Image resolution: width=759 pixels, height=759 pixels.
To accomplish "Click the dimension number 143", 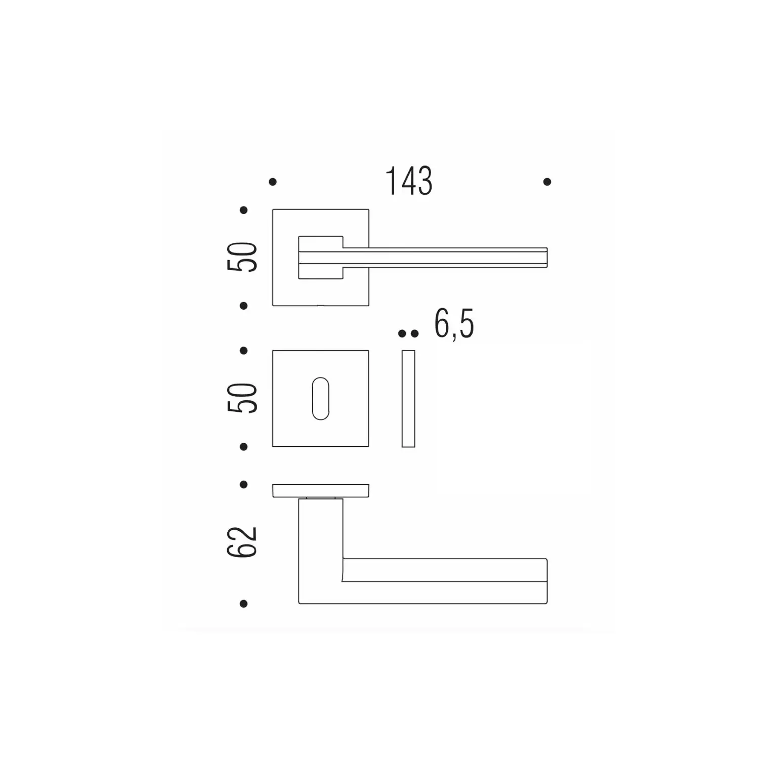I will tap(409, 181).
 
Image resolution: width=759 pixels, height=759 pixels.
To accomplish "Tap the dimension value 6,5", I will tap(454, 324).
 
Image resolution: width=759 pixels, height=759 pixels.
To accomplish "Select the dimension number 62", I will tap(242, 542).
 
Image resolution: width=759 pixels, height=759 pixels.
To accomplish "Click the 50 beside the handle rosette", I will tap(242, 257).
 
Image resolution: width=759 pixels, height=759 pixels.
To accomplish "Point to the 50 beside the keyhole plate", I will tap(242, 398).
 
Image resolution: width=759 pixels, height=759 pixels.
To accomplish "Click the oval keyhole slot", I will tap(321, 398).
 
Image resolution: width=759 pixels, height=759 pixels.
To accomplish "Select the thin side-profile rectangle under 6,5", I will tap(408, 399).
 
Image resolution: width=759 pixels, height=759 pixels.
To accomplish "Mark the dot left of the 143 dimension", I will tap(273, 182).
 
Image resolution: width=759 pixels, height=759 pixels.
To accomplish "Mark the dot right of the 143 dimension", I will tap(547, 182).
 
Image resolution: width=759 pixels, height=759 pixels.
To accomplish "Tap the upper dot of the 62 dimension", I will tap(243, 484).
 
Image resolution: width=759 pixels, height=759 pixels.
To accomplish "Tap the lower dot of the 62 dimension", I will tap(243, 604).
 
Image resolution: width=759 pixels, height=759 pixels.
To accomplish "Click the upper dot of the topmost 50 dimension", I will tap(243, 210).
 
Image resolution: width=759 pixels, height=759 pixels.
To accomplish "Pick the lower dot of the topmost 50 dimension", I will tap(243, 306).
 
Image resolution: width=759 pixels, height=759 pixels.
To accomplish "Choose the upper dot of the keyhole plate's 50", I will tap(243, 350).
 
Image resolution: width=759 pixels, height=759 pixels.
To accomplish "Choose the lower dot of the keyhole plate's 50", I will tap(243, 447).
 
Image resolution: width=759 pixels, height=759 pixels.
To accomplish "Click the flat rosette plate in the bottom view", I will tap(321, 491).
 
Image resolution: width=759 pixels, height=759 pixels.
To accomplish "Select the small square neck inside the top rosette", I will tap(321, 257).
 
